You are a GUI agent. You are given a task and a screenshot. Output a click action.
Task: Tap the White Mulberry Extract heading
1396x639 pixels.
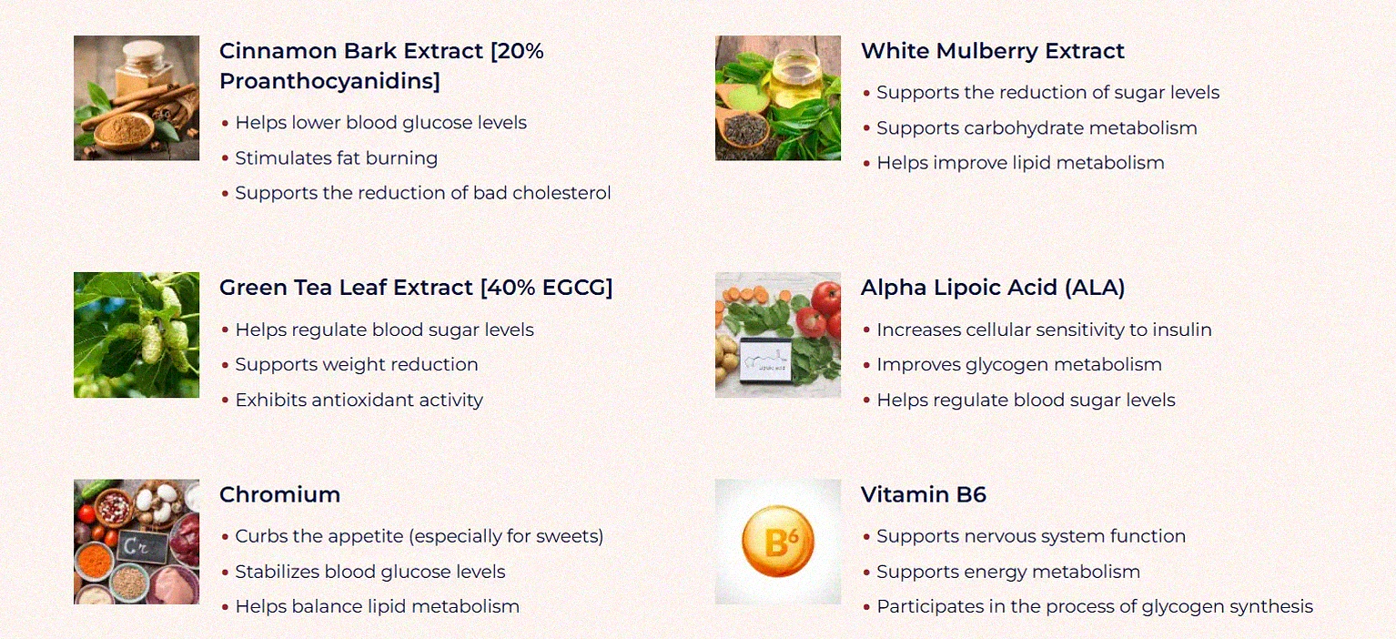pyautogui.click(x=992, y=51)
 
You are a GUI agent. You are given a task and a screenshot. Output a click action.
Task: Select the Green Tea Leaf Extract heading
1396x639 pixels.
pyautogui.click(x=415, y=288)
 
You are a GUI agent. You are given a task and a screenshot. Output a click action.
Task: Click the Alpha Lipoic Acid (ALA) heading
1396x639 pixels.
pyautogui.click(x=992, y=288)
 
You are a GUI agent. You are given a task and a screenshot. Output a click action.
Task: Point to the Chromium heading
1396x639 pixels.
pyautogui.click(x=279, y=494)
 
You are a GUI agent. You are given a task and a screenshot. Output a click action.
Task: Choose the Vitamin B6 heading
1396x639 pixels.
pyautogui.click(x=923, y=494)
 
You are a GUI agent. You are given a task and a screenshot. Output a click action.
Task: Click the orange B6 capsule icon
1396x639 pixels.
pyautogui.click(x=777, y=543)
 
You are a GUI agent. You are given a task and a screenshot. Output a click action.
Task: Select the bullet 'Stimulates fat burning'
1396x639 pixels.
pyautogui.click(x=336, y=158)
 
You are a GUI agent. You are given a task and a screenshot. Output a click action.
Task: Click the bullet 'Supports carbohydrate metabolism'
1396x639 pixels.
pyautogui.click(x=1037, y=128)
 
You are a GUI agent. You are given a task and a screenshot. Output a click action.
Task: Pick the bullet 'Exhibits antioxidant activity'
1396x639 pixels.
pyautogui.click(x=359, y=400)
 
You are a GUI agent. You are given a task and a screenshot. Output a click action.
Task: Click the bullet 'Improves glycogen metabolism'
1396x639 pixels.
pyautogui.click(x=1018, y=365)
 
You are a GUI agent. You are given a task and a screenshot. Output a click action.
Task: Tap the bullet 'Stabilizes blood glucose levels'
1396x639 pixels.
pyautogui.click(x=369, y=572)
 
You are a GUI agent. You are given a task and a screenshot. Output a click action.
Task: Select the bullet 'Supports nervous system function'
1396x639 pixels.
pyautogui.click(x=1030, y=536)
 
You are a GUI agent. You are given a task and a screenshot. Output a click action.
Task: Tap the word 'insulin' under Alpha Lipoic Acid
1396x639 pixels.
pyautogui.click(x=1180, y=330)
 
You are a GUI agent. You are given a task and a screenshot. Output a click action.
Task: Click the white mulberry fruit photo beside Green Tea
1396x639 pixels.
pyautogui.click(x=137, y=335)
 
